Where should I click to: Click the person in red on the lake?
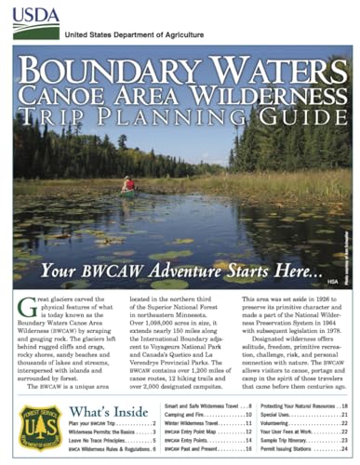pyautogui.click(x=128, y=184)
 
